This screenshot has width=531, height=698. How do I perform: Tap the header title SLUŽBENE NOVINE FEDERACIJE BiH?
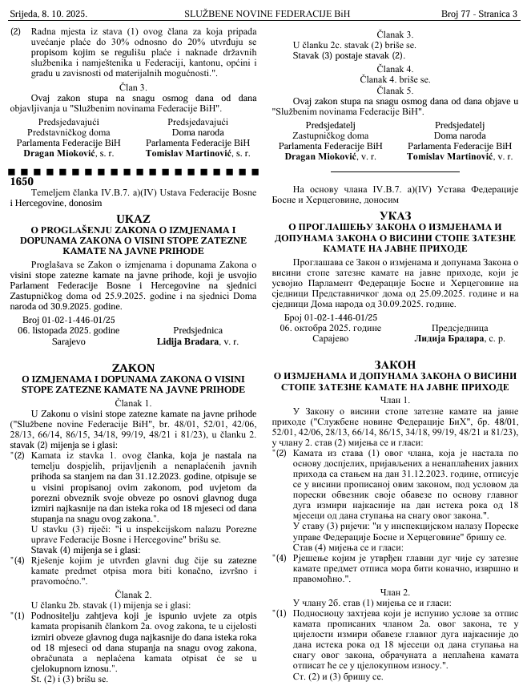tap(264, 14)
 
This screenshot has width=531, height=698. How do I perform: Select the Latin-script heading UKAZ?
tap(132, 219)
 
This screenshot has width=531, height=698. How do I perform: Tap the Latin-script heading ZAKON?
tap(133, 367)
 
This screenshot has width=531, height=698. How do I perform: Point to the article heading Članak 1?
tap(133, 402)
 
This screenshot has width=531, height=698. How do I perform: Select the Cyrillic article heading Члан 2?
tap(396, 591)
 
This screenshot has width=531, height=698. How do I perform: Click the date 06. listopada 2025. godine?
tap(69, 330)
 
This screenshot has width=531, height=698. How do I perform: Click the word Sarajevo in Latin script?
tap(68, 341)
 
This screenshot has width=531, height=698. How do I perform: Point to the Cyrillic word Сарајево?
tap(331, 339)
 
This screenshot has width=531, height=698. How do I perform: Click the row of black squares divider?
tap(133, 171)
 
